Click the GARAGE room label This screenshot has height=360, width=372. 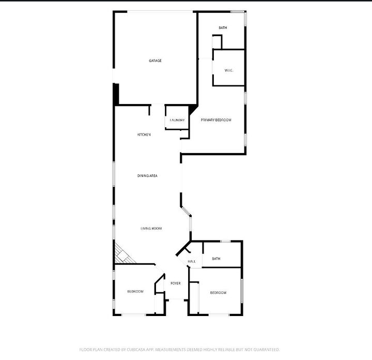tap(155, 61)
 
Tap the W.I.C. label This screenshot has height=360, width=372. tap(229, 70)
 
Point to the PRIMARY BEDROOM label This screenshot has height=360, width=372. tap(216, 120)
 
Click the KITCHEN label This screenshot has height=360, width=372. tap(144, 135)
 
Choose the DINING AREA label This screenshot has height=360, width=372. tap(147, 176)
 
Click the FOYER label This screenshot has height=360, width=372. tap(176, 283)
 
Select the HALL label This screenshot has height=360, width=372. tap(192, 262)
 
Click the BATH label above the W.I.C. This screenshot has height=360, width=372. tap(223, 28)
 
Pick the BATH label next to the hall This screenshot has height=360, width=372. tap(216, 259)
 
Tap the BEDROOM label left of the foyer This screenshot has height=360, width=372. tap(135, 292)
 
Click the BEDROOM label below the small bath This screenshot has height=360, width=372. tap(218, 293)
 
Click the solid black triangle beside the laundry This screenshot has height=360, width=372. tap(193, 109)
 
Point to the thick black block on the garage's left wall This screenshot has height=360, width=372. tap(116, 94)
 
